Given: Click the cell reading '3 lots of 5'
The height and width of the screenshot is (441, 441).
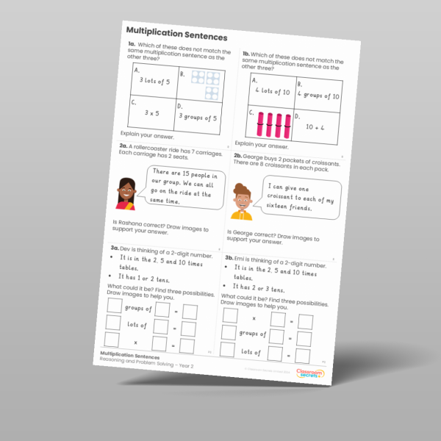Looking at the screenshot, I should tap(151, 80).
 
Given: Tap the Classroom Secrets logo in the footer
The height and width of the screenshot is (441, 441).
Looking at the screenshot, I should tap(318, 375).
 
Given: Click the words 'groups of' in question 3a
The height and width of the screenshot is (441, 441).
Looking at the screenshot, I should tap(137, 308).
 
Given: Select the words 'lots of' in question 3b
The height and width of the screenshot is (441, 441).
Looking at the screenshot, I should tap(252, 351).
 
